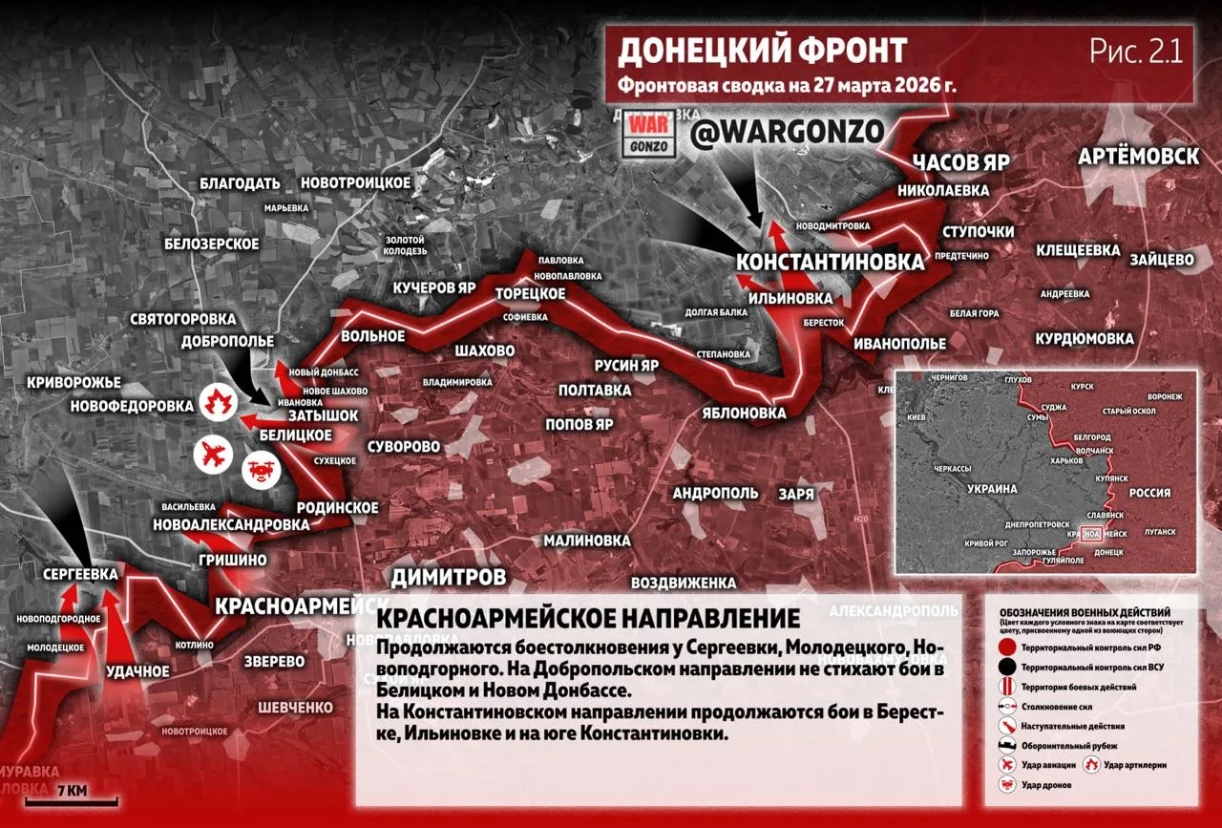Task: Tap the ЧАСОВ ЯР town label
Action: pyautogui.click(x=960, y=161)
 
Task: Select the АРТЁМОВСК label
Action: pyautogui.click(x=1138, y=157)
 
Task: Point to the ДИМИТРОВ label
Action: pyautogui.click(x=449, y=577)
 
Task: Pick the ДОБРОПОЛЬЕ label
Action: pyautogui.click(x=229, y=341)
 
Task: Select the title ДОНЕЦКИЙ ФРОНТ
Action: pyautogui.click(x=762, y=51)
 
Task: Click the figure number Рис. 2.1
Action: pyautogui.click(x=1136, y=52)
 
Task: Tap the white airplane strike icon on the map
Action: pyautogui.click(x=216, y=455)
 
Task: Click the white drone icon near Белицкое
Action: pyautogui.click(x=262, y=469)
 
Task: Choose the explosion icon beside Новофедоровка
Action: pyautogui.click(x=219, y=402)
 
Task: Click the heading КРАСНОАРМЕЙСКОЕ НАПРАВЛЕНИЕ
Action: pyautogui.click(x=588, y=618)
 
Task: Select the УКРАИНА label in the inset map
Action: pyautogui.click(x=993, y=488)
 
